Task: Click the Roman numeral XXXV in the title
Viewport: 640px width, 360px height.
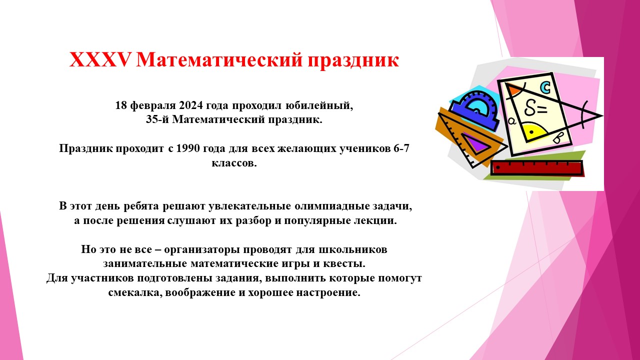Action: (99, 60)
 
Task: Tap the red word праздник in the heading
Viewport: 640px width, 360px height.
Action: (353, 61)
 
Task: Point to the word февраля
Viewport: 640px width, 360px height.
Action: (153, 106)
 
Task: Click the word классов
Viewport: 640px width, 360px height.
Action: (234, 163)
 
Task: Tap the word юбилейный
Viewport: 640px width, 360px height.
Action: (319, 105)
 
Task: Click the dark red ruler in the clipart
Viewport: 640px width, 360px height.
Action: (536, 168)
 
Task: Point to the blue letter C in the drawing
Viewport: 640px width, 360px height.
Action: (545, 87)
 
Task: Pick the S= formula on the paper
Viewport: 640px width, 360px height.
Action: (535, 108)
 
